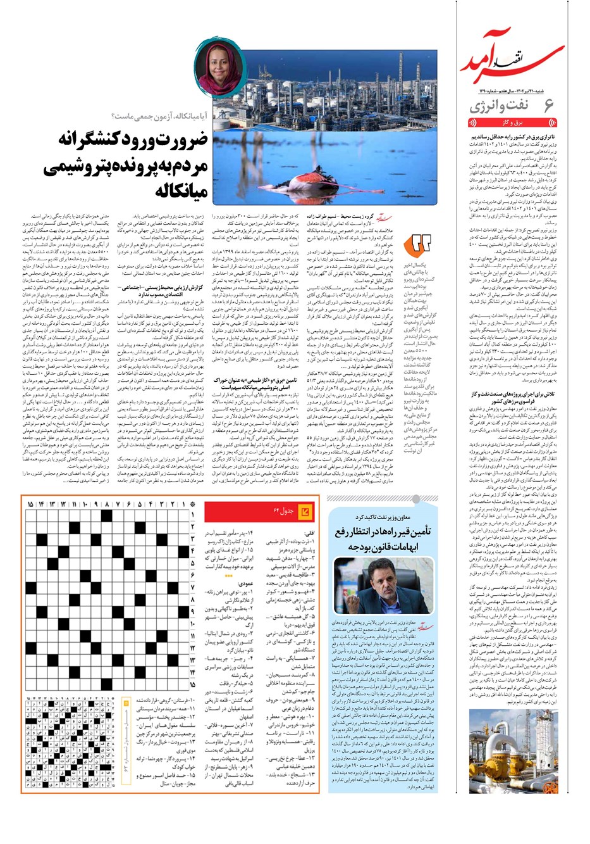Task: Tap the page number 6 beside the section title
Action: coord(548,105)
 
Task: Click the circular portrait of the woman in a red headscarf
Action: coord(212,68)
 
